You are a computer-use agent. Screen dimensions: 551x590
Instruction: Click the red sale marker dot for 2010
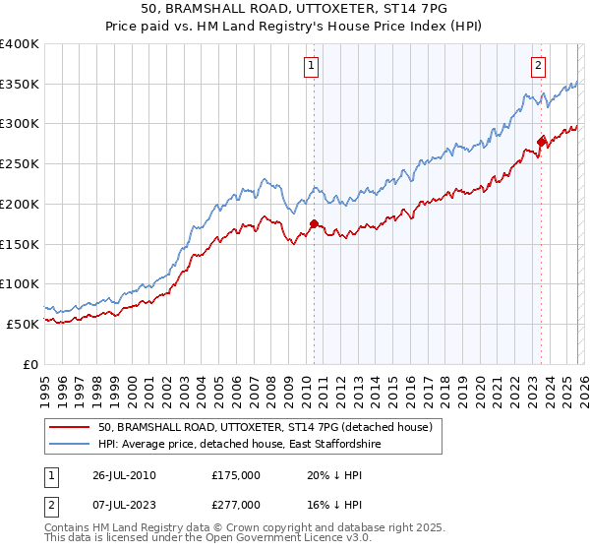click(x=314, y=223)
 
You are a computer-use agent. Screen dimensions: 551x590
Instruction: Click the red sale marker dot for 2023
click(x=540, y=143)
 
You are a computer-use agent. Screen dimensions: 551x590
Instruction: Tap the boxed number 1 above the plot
click(x=311, y=66)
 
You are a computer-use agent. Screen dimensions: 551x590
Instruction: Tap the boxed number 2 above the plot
click(x=539, y=66)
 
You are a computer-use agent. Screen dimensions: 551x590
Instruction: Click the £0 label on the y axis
click(x=31, y=364)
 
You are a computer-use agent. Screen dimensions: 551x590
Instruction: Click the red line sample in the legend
click(x=70, y=427)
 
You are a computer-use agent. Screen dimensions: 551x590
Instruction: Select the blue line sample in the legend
click(x=70, y=445)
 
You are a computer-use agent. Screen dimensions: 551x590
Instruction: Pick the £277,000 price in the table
click(x=235, y=504)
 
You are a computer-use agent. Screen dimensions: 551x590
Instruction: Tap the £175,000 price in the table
click(x=235, y=474)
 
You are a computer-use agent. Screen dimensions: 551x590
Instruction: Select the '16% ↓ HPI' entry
click(x=335, y=504)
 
